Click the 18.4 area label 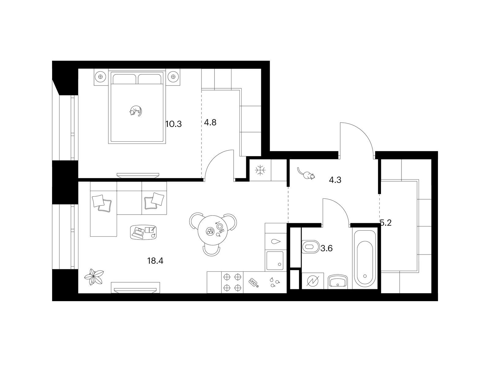(x=155, y=261)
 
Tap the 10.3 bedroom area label (x=173, y=124)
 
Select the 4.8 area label (x=210, y=122)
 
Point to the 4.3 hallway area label (x=335, y=180)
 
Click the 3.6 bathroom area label (x=326, y=248)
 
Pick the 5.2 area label (x=386, y=223)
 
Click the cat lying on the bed (x=135, y=111)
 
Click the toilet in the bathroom (x=310, y=247)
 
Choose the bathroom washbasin (x=338, y=281)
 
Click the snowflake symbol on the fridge (x=260, y=170)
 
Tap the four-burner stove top (x=232, y=282)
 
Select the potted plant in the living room (x=94, y=277)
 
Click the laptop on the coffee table (x=138, y=232)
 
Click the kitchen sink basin (x=275, y=261)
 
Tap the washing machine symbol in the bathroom (x=313, y=281)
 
